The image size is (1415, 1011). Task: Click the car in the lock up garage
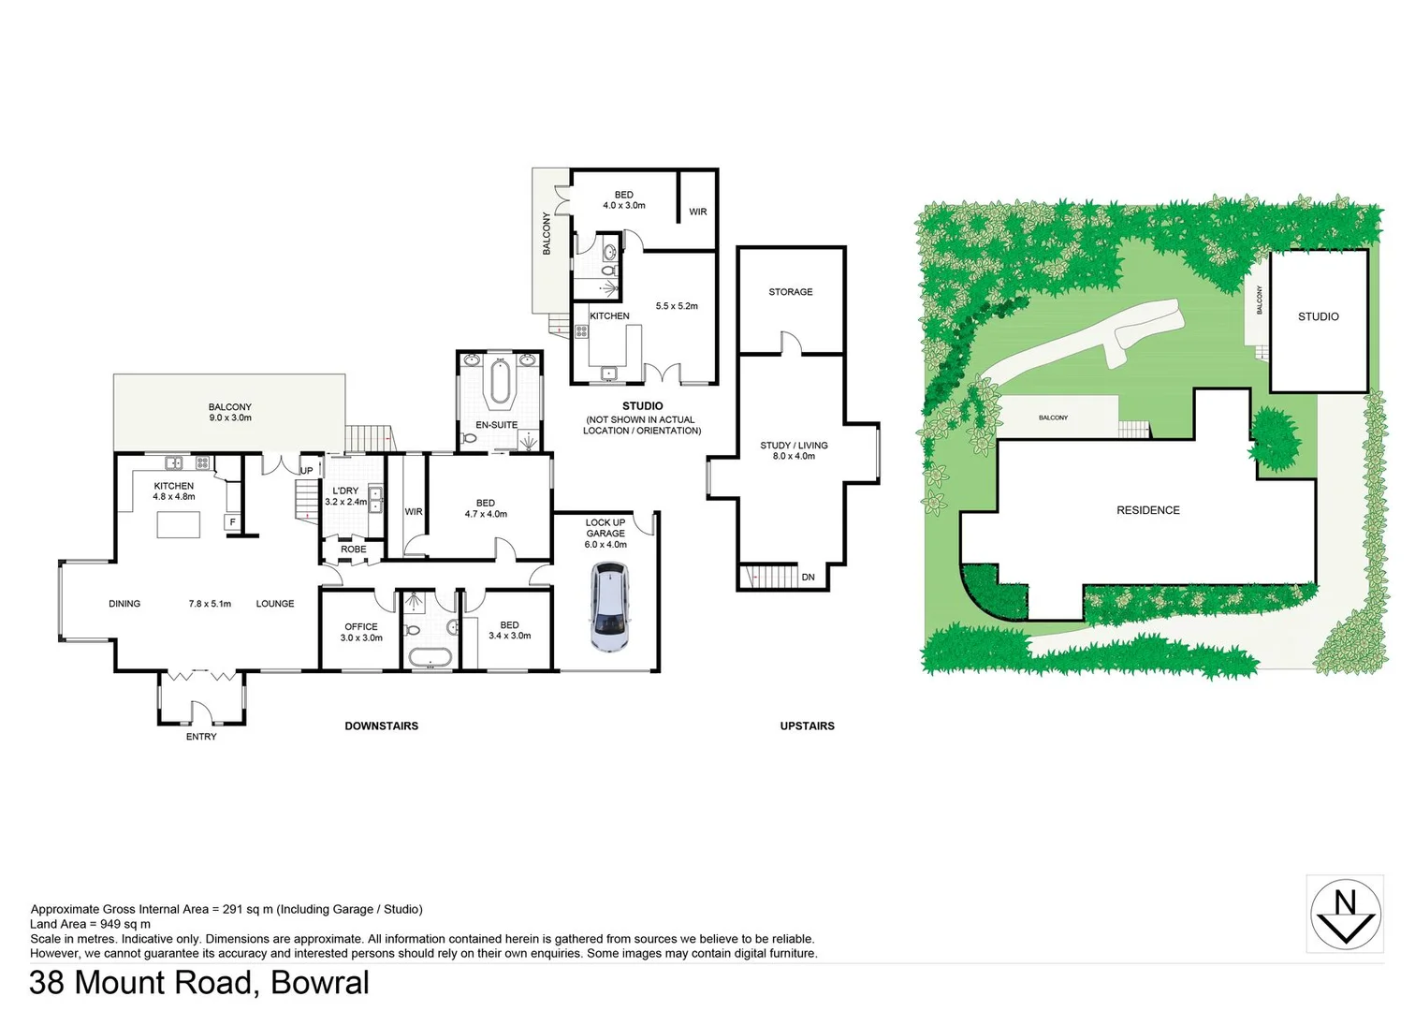click(x=609, y=607)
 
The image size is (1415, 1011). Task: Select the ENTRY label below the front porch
click(x=201, y=737)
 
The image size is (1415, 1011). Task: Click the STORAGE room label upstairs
click(x=791, y=292)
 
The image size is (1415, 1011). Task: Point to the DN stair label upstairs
click(x=808, y=578)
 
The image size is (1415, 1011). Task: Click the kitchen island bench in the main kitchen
click(x=179, y=525)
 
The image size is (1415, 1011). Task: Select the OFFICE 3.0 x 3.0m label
click(x=361, y=633)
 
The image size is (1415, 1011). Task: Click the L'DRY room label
click(x=345, y=491)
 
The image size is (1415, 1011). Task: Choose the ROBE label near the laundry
click(x=354, y=549)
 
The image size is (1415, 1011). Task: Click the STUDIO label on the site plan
click(x=1318, y=317)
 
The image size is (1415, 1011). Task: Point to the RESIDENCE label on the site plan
click(x=1148, y=510)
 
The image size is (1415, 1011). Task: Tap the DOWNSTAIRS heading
click(x=381, y=726)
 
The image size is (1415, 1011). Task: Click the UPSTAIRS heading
click(x=807, y=726)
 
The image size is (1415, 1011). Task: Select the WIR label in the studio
click(x=698, y=212)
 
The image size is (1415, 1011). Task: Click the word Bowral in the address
click(x=320, y=983)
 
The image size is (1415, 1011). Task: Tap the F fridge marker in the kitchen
click(x=232, y=522)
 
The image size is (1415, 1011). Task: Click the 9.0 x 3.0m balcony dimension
click(x=230, y=418)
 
